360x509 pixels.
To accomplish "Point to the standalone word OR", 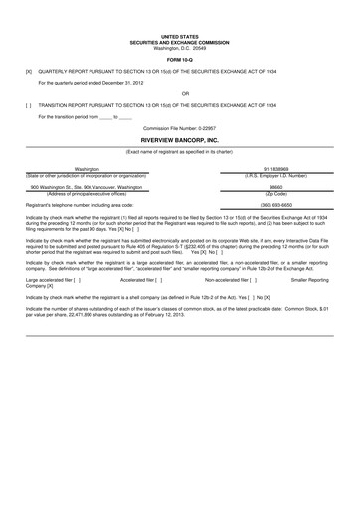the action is [x=179, y=94].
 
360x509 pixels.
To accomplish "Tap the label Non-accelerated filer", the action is [x=231, y=280].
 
